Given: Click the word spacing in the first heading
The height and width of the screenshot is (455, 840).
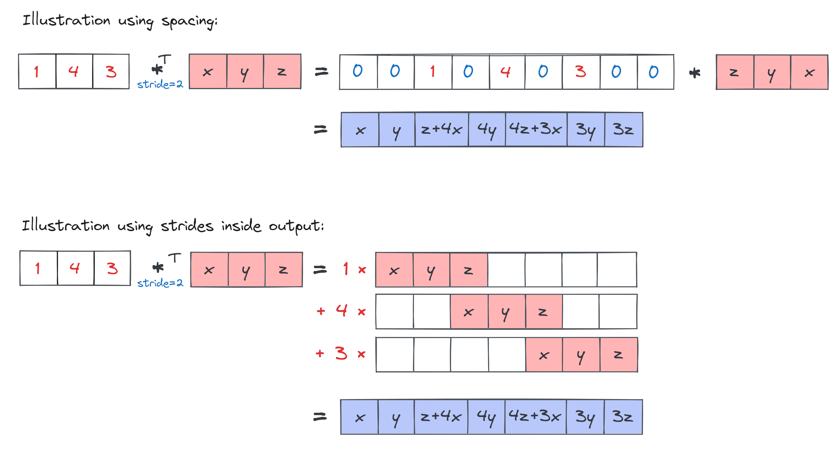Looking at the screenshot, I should click(189, 21).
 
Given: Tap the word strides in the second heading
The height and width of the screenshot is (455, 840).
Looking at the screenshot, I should click(187, 226).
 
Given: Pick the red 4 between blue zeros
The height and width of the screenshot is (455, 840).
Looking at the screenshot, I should click(505, 71).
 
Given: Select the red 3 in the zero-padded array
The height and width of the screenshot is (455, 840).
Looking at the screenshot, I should click(581, 71).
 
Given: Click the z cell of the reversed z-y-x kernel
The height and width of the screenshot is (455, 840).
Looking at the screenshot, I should click(734, 72).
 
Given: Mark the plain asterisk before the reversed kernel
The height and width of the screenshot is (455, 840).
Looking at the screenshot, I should click(695, 73).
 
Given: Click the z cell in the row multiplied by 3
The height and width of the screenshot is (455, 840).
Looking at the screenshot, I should click(618, 355).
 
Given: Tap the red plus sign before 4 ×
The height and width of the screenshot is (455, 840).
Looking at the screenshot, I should click(321, 311).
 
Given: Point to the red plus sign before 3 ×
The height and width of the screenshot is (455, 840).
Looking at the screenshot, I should click(320, 353).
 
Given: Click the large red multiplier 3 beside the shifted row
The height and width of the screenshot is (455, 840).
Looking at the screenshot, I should click(341, 353).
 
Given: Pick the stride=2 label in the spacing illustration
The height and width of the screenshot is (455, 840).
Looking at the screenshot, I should click(160, 85).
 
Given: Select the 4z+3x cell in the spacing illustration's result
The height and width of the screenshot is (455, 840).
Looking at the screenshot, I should click(535, 130).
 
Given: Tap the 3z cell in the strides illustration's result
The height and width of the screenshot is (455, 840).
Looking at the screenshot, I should click(623, 417).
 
